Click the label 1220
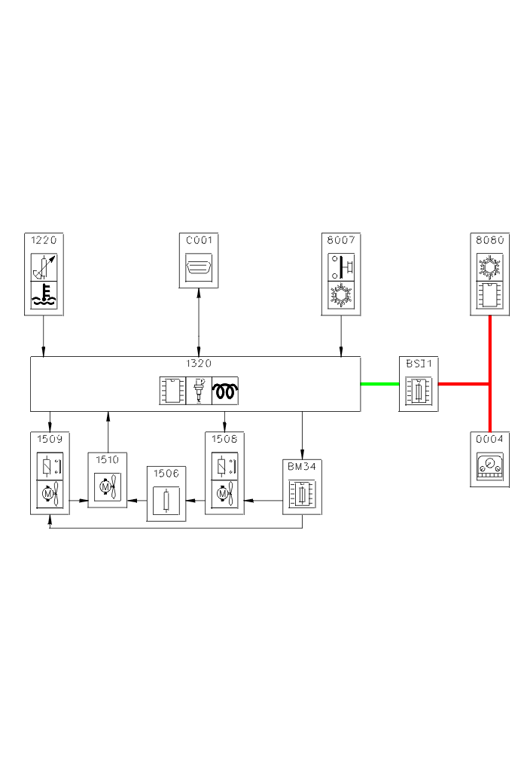point(43,241)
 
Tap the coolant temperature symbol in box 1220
point(44,295)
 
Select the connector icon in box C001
point(199,267)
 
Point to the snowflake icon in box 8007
point(341,295)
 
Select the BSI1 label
point(418,363)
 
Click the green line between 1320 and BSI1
point(379,384)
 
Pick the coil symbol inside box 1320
point(225,390)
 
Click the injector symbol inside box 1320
point(199,390)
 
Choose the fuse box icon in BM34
point(301,494)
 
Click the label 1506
point(166,473)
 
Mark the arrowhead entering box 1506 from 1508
point(188,500)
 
